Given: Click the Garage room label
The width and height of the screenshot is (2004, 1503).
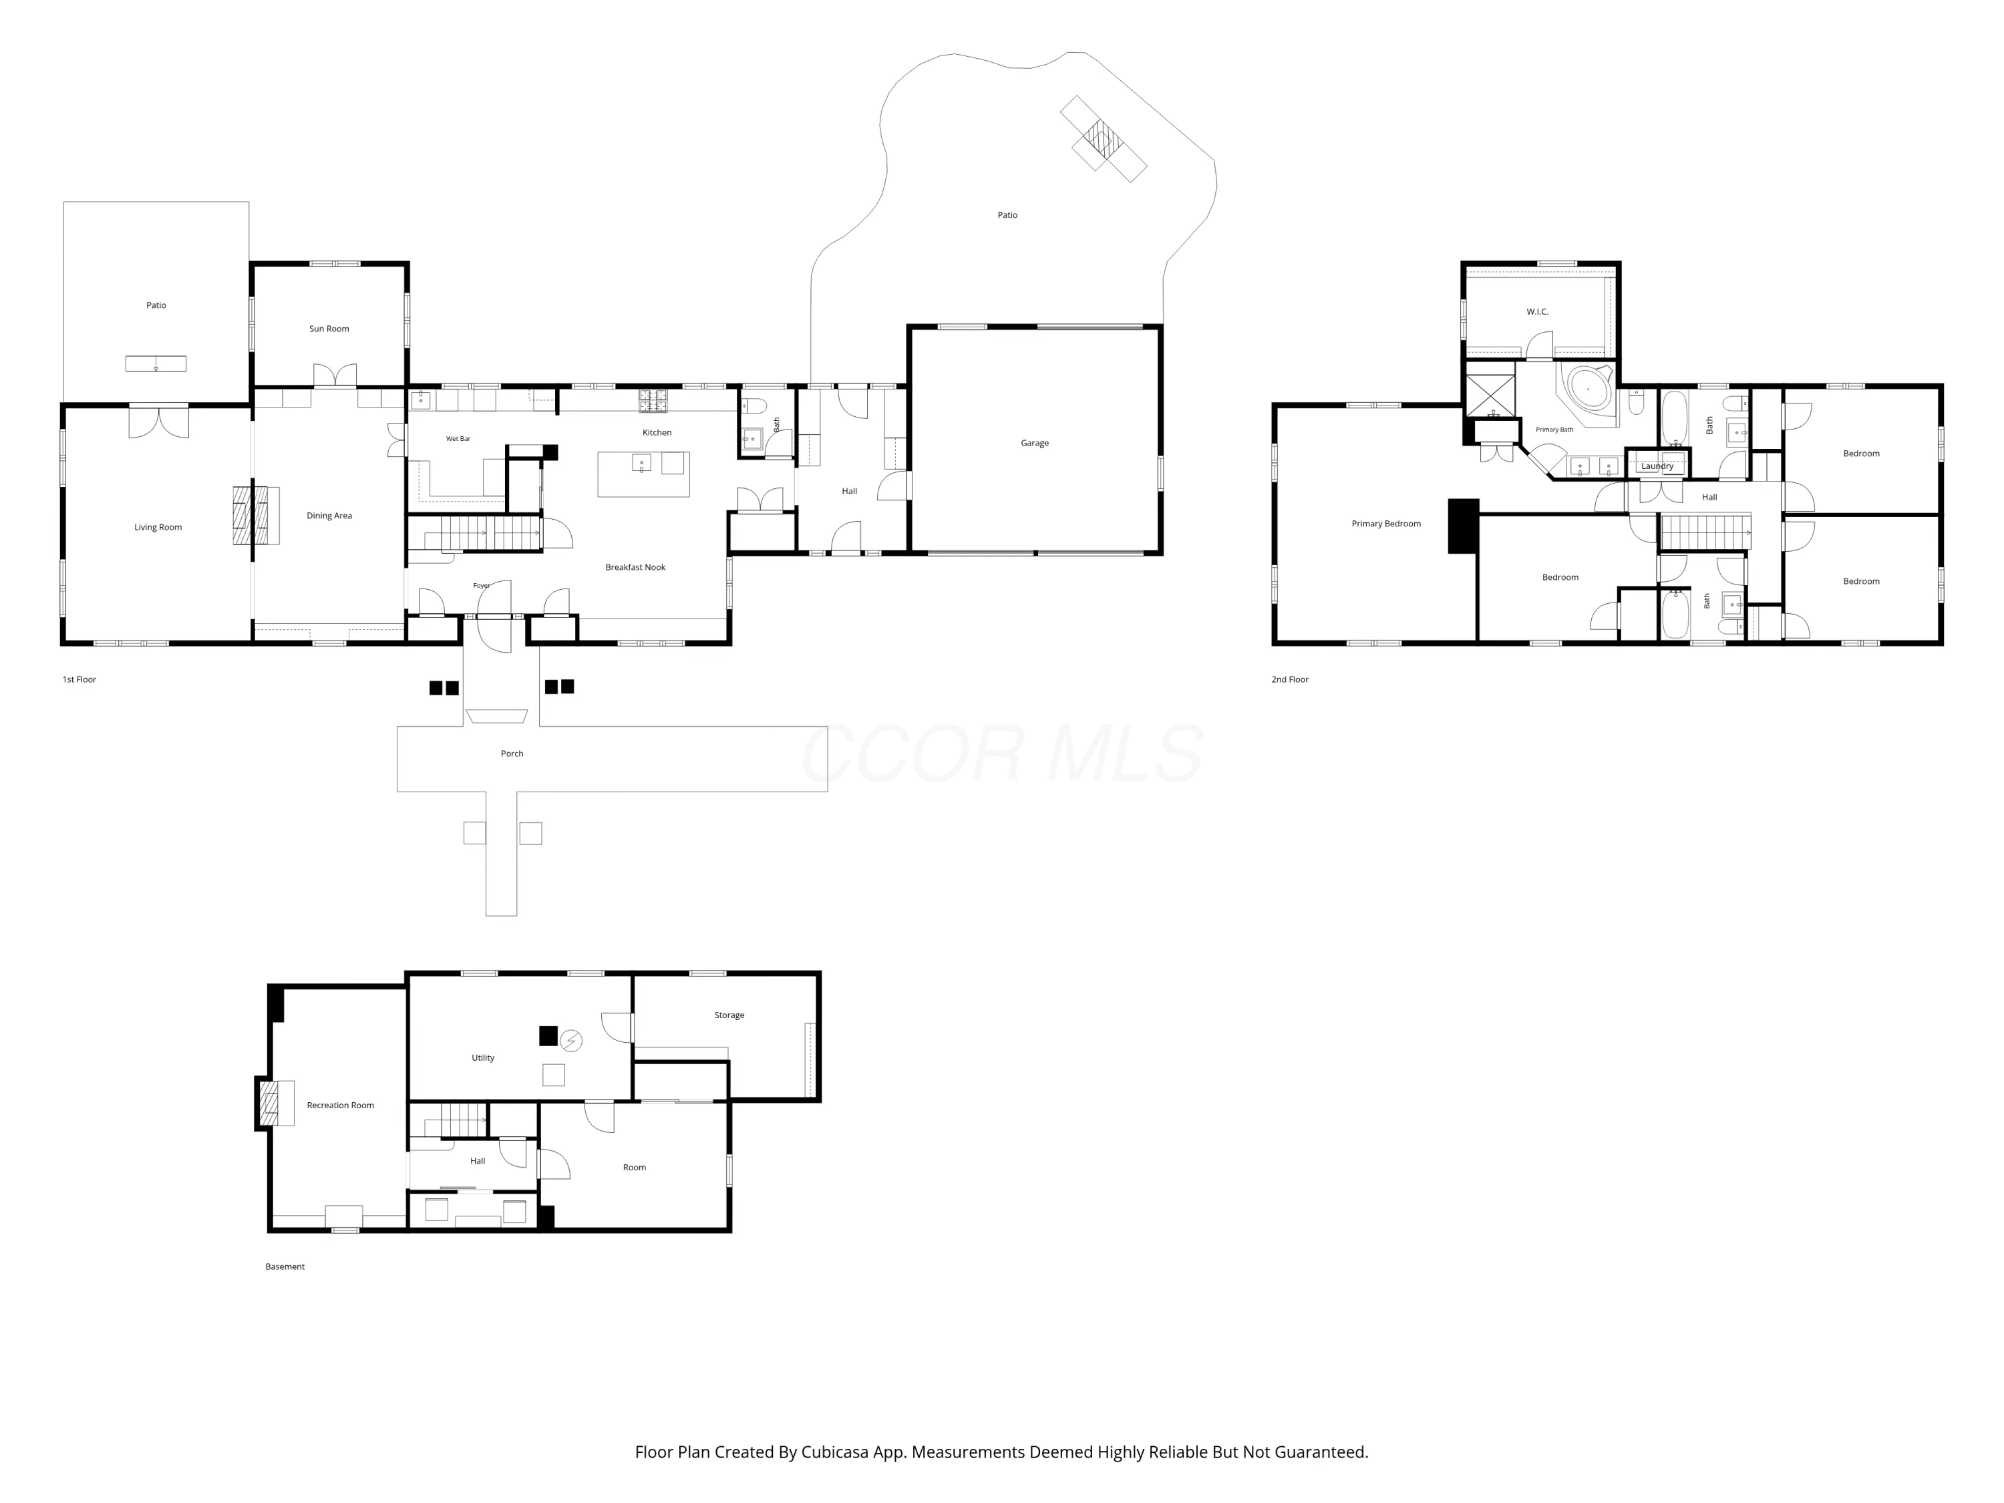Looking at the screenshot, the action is tap(1035, 443).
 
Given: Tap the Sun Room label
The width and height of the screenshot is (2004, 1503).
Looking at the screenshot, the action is tap(329, 329).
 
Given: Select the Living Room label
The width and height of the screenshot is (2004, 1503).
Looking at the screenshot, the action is tap(158, 527).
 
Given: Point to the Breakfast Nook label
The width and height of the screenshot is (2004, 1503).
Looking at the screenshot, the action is tap(635, 567).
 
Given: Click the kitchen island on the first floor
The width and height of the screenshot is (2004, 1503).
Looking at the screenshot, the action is tap(643, 474).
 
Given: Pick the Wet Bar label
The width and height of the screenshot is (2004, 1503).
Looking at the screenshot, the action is tap(458, 438).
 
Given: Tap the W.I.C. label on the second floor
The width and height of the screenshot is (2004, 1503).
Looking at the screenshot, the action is tap(1538, 312).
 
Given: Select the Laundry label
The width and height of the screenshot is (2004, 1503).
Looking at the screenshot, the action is tap(1657, 466).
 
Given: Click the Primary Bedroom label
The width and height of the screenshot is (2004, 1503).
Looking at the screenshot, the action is tap(1386, 524).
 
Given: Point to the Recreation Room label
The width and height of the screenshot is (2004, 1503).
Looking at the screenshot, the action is tap(340, 1106).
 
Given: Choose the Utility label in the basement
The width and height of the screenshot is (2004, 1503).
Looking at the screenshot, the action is tap(483, 1057).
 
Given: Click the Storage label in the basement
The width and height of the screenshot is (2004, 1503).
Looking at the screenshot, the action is tap(729, 1015).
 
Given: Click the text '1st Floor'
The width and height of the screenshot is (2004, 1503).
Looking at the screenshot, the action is tap(79, 679).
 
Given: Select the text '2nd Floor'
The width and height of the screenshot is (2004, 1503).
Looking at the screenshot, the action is tap(1290, 679).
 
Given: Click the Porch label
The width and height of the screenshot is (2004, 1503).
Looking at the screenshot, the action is tap(512, 754).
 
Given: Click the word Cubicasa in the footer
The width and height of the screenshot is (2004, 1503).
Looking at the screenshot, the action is tap(834, 1452).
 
